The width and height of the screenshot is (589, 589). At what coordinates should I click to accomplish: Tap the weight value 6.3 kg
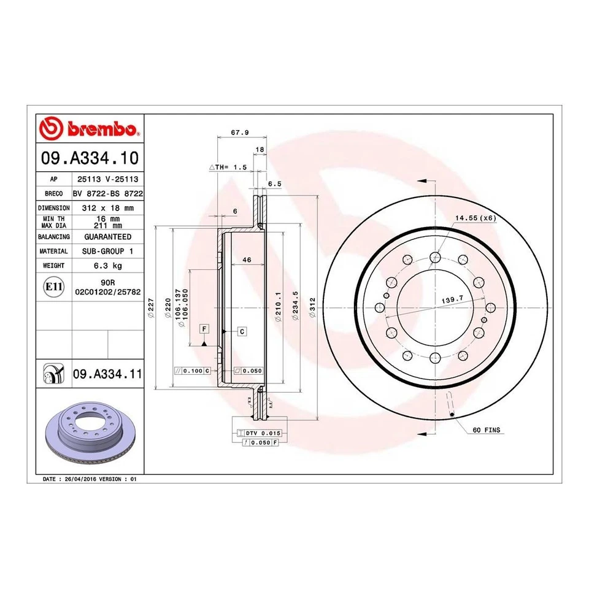click(x=107, y=266)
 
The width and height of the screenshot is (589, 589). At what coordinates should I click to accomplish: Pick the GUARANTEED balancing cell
click(x=107, y=236)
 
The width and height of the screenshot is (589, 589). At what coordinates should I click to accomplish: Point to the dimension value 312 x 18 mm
click(x=107, y=208)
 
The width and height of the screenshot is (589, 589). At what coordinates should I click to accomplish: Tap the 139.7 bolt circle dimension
click(x=452, y=300)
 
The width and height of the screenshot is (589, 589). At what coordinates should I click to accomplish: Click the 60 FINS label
click(x=488, y=431)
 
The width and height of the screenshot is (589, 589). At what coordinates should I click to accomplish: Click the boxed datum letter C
click(x=242, y=331)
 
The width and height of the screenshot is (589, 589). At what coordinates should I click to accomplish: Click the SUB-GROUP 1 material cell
click(x=107, y=251)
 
